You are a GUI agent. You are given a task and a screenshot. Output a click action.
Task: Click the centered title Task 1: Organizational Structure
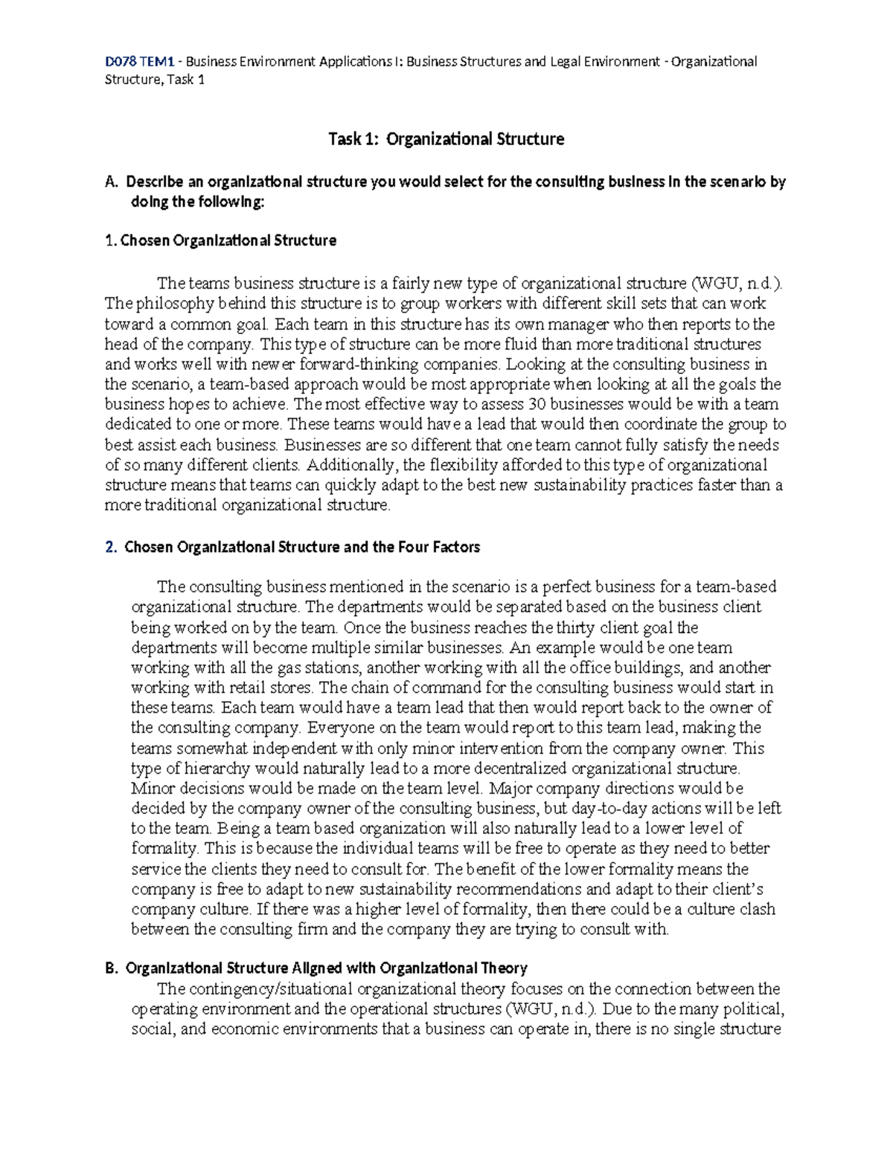[446, 139]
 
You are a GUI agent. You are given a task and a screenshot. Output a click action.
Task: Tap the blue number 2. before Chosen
[111, 547]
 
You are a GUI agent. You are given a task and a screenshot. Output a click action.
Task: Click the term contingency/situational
[270, 989]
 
